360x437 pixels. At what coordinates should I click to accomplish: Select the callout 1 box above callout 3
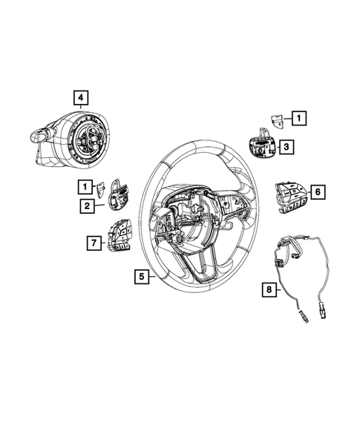[x=298, y=118]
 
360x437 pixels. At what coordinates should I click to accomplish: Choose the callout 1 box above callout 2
[x=86, y=187]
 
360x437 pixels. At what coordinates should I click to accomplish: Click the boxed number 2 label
[x=87, y=206]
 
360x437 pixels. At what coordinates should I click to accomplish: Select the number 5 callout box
[x=140, y=277]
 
